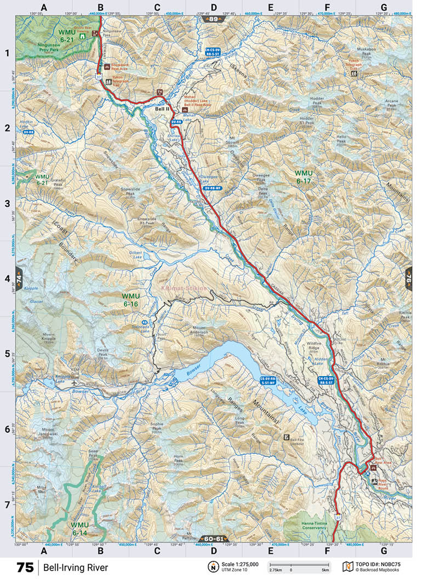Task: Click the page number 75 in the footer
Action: click(25, 567)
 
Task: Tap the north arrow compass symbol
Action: click(211, 566)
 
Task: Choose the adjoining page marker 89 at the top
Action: click(213, 19)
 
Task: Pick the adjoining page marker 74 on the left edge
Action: click(19, 278)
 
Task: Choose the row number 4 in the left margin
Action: click(8, 279)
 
